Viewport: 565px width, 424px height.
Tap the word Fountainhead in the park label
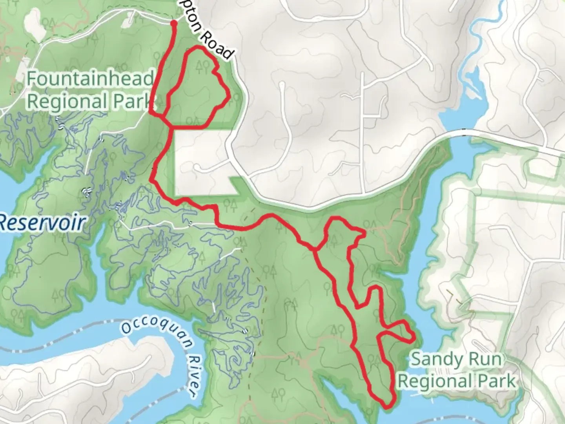point(90,79)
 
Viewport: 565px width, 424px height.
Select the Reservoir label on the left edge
point(42,223)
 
